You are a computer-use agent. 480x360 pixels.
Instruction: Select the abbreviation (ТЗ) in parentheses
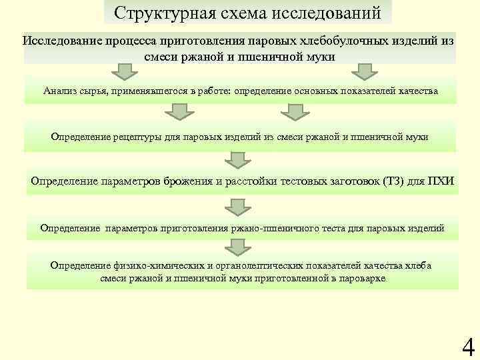coord(393,181)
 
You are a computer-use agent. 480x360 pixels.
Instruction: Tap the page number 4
coord(468,347)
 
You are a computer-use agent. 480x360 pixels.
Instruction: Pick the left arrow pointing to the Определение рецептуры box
coord(179,114)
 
